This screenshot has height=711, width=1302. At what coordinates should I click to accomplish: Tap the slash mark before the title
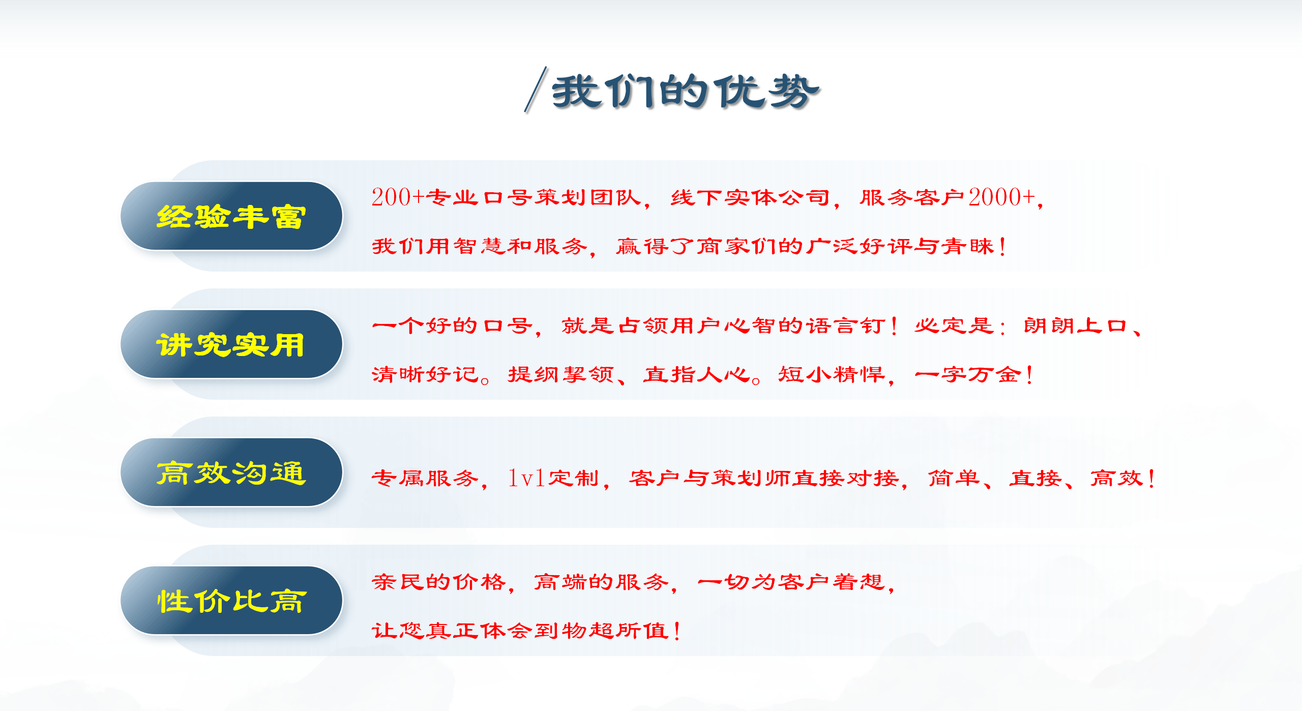pos(536,89)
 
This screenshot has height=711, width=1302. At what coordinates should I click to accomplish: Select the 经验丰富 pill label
pos(231,217)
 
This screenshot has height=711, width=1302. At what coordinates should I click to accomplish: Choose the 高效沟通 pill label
pos(231,473)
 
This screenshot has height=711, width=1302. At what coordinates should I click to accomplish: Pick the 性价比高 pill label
pos(231,601)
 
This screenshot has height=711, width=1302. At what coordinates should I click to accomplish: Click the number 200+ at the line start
pos(398,197)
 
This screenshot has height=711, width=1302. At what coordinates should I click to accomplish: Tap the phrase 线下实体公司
pos(750,197)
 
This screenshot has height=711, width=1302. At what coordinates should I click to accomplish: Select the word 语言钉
pos(846,325)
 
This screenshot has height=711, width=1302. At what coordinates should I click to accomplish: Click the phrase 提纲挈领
pos(561,374)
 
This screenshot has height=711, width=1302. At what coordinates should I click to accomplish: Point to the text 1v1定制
pos(553,478)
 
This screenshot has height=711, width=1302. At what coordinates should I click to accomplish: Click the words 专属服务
pos(425,478)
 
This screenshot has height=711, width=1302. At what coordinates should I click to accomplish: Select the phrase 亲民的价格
pos(439,582)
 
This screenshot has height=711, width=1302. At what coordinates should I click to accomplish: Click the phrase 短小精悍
pos(832,374)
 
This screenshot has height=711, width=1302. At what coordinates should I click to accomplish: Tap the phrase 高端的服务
pos(601,582)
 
